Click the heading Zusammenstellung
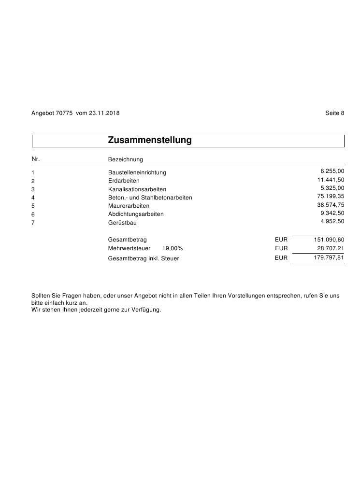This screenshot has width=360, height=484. tap(150, 141)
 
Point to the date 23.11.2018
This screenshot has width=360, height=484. tap(104, 113)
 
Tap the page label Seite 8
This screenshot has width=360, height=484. tap(335, 113)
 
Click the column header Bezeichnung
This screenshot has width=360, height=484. tap(126, 159)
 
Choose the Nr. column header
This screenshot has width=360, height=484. tap(35, 158)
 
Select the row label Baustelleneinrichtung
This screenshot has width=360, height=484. tap(137, 172)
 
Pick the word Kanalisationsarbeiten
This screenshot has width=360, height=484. tap(137, 189)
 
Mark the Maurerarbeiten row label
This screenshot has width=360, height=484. tap(129, 206)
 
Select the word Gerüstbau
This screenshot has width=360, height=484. tap(122, 223)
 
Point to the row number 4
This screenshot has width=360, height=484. tap(33, 198)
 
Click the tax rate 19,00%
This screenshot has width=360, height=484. tap(173, 248)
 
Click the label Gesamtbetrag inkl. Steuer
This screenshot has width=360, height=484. tap(144, 258)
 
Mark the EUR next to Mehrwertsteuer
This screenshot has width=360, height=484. tap(281, 248)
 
